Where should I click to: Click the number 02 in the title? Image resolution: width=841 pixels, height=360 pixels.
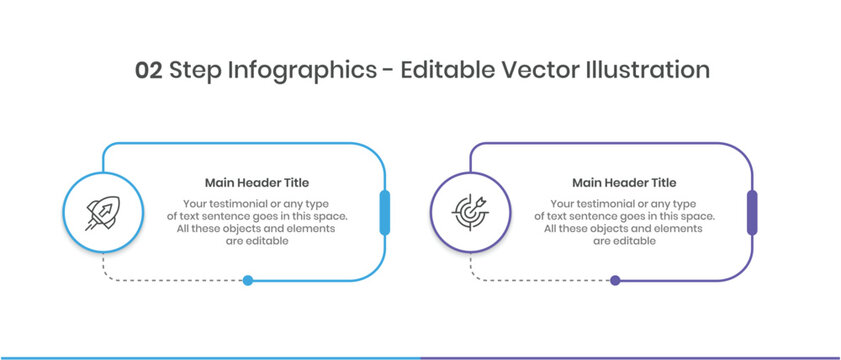tap(149, 71)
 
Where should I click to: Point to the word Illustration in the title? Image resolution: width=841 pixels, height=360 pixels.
tap(647, 70)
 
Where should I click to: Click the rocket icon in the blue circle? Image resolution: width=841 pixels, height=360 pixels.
tap(102, 213)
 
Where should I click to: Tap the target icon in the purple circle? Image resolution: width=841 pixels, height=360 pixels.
tap(470, 212)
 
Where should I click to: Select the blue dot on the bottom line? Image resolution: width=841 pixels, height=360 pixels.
tap(248, 280)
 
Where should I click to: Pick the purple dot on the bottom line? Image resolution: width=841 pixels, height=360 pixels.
tap(615, 280)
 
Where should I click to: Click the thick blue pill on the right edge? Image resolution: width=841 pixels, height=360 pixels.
tap(385, 212)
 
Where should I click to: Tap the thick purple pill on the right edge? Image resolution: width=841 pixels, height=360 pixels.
tap(752, 212)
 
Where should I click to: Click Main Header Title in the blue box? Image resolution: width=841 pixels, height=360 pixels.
tap(257, 182)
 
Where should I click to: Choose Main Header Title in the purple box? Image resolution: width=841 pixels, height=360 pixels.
tap(624, 182)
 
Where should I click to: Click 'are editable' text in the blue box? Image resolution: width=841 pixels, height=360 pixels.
tap(257, 241)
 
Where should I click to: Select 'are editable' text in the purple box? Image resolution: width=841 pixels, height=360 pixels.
tap(624, 241)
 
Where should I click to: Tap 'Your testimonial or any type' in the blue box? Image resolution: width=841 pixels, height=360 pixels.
tap(256, 204)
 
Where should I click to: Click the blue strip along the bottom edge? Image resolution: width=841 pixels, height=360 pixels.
tap(210, 358)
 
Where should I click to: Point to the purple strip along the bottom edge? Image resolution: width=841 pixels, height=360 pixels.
tap(631, 358)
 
